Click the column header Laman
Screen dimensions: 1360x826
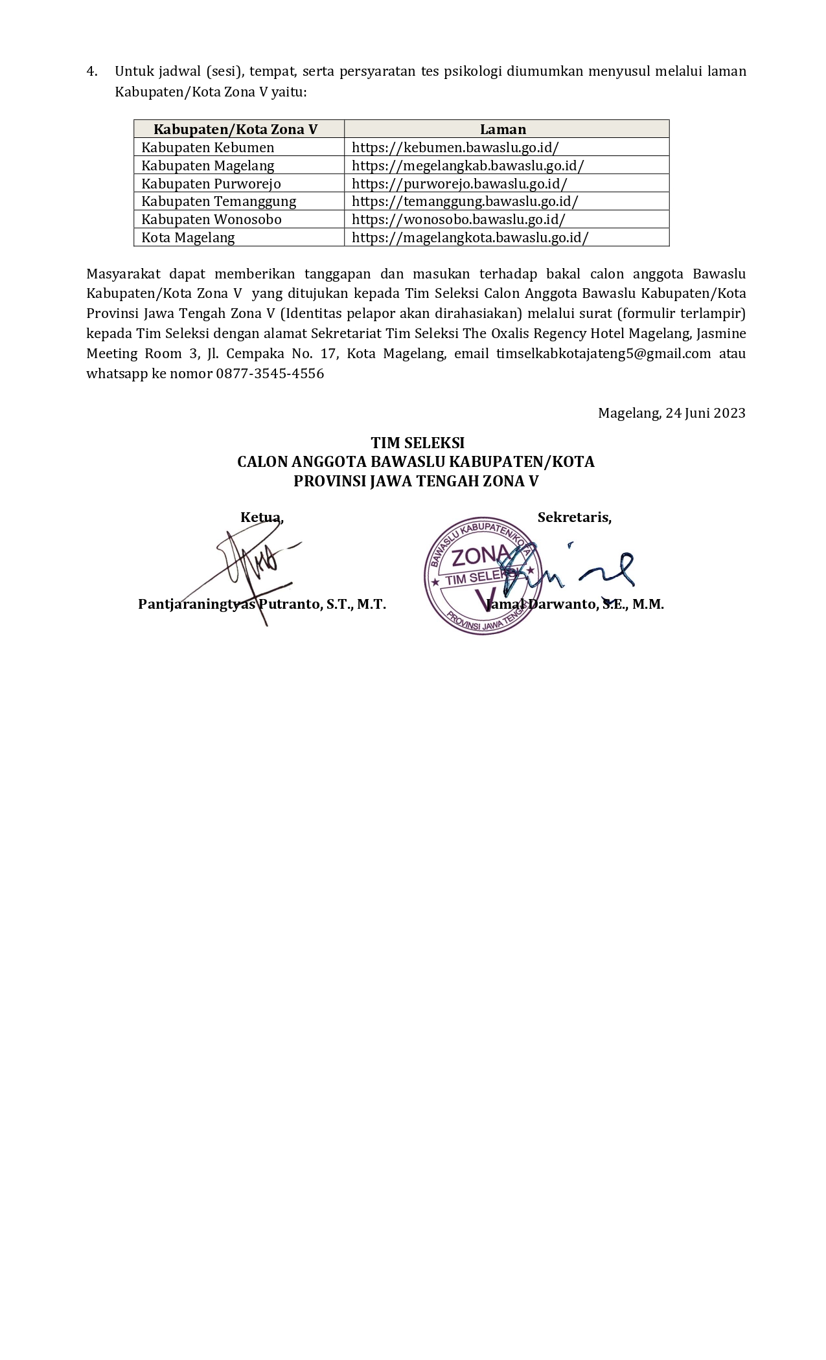coord(503,129)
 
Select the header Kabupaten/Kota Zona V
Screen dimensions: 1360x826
coord(235,129)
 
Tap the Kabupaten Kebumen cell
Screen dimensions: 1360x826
coord(208,147)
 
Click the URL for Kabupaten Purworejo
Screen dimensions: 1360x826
coord(459,183)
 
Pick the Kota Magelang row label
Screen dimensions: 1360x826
coord(188,237)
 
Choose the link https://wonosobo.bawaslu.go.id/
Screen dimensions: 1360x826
coord(458,219)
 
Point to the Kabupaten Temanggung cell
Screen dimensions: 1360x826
coord(219,201)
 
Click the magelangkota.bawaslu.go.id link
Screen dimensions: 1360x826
coord(470,237)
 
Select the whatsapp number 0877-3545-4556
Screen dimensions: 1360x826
coord(270,374)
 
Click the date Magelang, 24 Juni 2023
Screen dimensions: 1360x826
coord(671,413)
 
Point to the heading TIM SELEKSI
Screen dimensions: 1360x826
coord(417,443)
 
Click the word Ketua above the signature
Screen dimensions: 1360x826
coord(261,517)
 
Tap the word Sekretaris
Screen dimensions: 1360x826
coord(574,517)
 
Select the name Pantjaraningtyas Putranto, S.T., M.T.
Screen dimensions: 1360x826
coord(262,604)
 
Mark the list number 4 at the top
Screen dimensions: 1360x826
coord(92,71)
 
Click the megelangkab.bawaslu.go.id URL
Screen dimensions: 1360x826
coord(468,165)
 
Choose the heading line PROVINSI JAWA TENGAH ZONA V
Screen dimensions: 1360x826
coord(416,481)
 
